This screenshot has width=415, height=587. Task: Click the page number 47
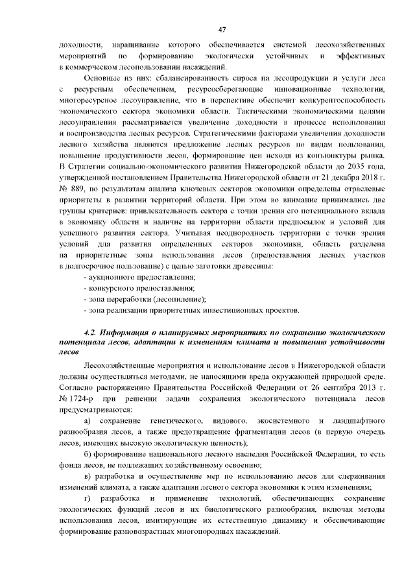coord(221,30)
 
